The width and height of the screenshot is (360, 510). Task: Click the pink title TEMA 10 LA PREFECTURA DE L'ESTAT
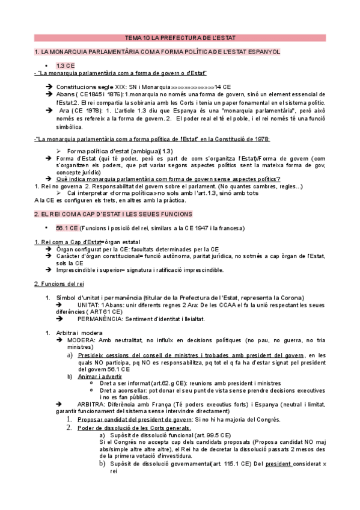tap(180, 37)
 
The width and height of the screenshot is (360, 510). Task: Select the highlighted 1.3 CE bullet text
tap(66, 65)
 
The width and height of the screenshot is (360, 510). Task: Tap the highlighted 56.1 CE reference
tap(66, 228)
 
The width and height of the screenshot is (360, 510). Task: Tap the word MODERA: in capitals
tap(82, 340)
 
